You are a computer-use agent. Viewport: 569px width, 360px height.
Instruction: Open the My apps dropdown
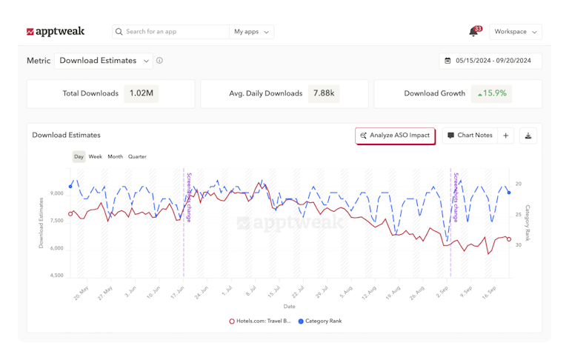[x=251, y=32]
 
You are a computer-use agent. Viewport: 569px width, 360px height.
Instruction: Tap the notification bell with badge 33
[x=473, y=32]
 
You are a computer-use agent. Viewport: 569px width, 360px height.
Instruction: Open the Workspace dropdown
[x=515, y=32]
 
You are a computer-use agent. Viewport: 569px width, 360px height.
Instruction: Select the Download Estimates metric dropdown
[x=103, y=61]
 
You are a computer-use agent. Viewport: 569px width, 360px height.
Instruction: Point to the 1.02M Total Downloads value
[x=142, y=94]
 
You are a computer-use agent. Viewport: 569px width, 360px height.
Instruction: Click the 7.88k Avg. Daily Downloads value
[x=324, y=94]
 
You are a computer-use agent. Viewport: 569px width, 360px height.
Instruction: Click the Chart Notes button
[x=470, y=136]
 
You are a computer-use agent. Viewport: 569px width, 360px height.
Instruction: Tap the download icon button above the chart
[x=528, y=136]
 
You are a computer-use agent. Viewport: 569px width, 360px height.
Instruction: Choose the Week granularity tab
[x=96, y=157]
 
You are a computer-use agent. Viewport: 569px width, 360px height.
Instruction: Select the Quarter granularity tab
[x=137, y=157]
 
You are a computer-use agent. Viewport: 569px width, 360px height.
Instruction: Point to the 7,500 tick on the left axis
[x=56, y=221]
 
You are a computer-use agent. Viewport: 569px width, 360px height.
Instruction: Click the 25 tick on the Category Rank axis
[x=519, y=214]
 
